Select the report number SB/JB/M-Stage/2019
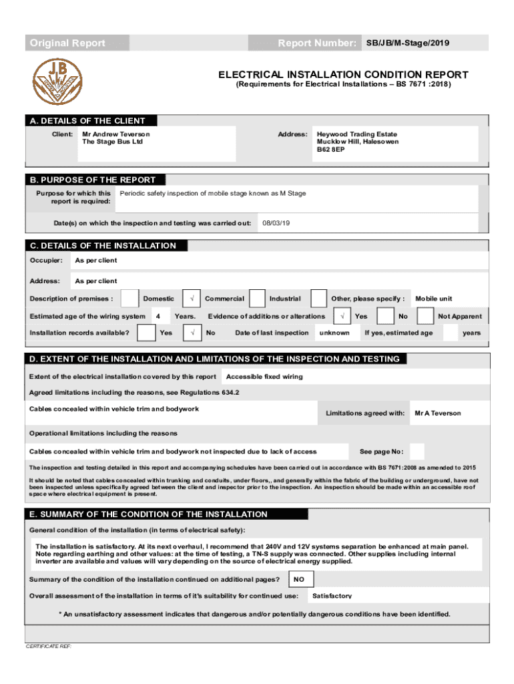click(407, 43)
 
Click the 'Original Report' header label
click(67, 43)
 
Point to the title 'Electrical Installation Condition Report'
click(344, 75)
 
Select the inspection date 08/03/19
click(276, 222)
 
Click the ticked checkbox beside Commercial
click(192, 299)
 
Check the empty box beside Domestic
click(131, 299)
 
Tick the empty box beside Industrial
click(319, 299)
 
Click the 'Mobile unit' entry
click(434, 299)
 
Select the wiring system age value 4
click(158, 316)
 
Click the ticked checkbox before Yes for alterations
click(342, 316)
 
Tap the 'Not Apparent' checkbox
click(426, 316)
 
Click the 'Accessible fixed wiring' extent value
click(264, 377)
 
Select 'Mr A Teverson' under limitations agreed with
click(437, 413)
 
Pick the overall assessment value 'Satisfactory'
click(332, 596)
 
